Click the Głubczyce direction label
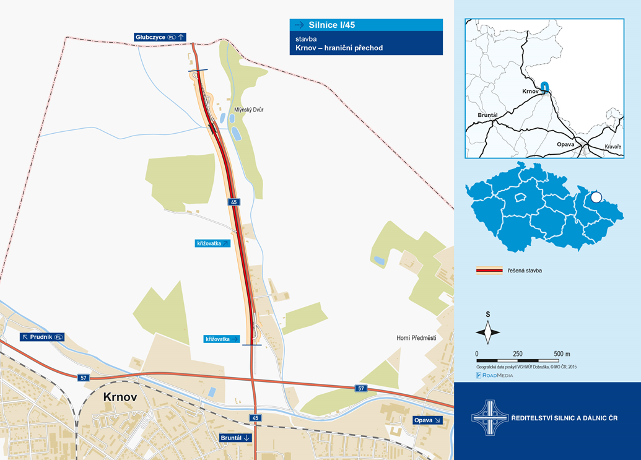(x=160, y=37)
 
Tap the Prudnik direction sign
(x=42, y=337)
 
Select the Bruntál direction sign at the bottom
(x=236, y=438)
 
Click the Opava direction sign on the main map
(x=428, y=420)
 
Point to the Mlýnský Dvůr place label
(x=249, y=110)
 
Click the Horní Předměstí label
(x=416, y=338)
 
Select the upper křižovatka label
(x=213, y=243)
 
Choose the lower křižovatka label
(x=222, y=339)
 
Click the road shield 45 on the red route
(x=233, y=202)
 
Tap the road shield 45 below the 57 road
(x=255, y=418)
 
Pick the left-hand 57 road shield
(x=83, y=377)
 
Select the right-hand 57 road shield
(x=362, y=388)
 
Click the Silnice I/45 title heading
(x=366, y=25)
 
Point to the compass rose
(x=488, y=332)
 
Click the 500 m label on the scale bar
(x=562, y=354)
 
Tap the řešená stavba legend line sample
(x=488, y=271)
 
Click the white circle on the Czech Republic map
(x=596, y=197)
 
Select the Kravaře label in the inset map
(x=613, y=147)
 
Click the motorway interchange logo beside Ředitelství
(x=489, y=419)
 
